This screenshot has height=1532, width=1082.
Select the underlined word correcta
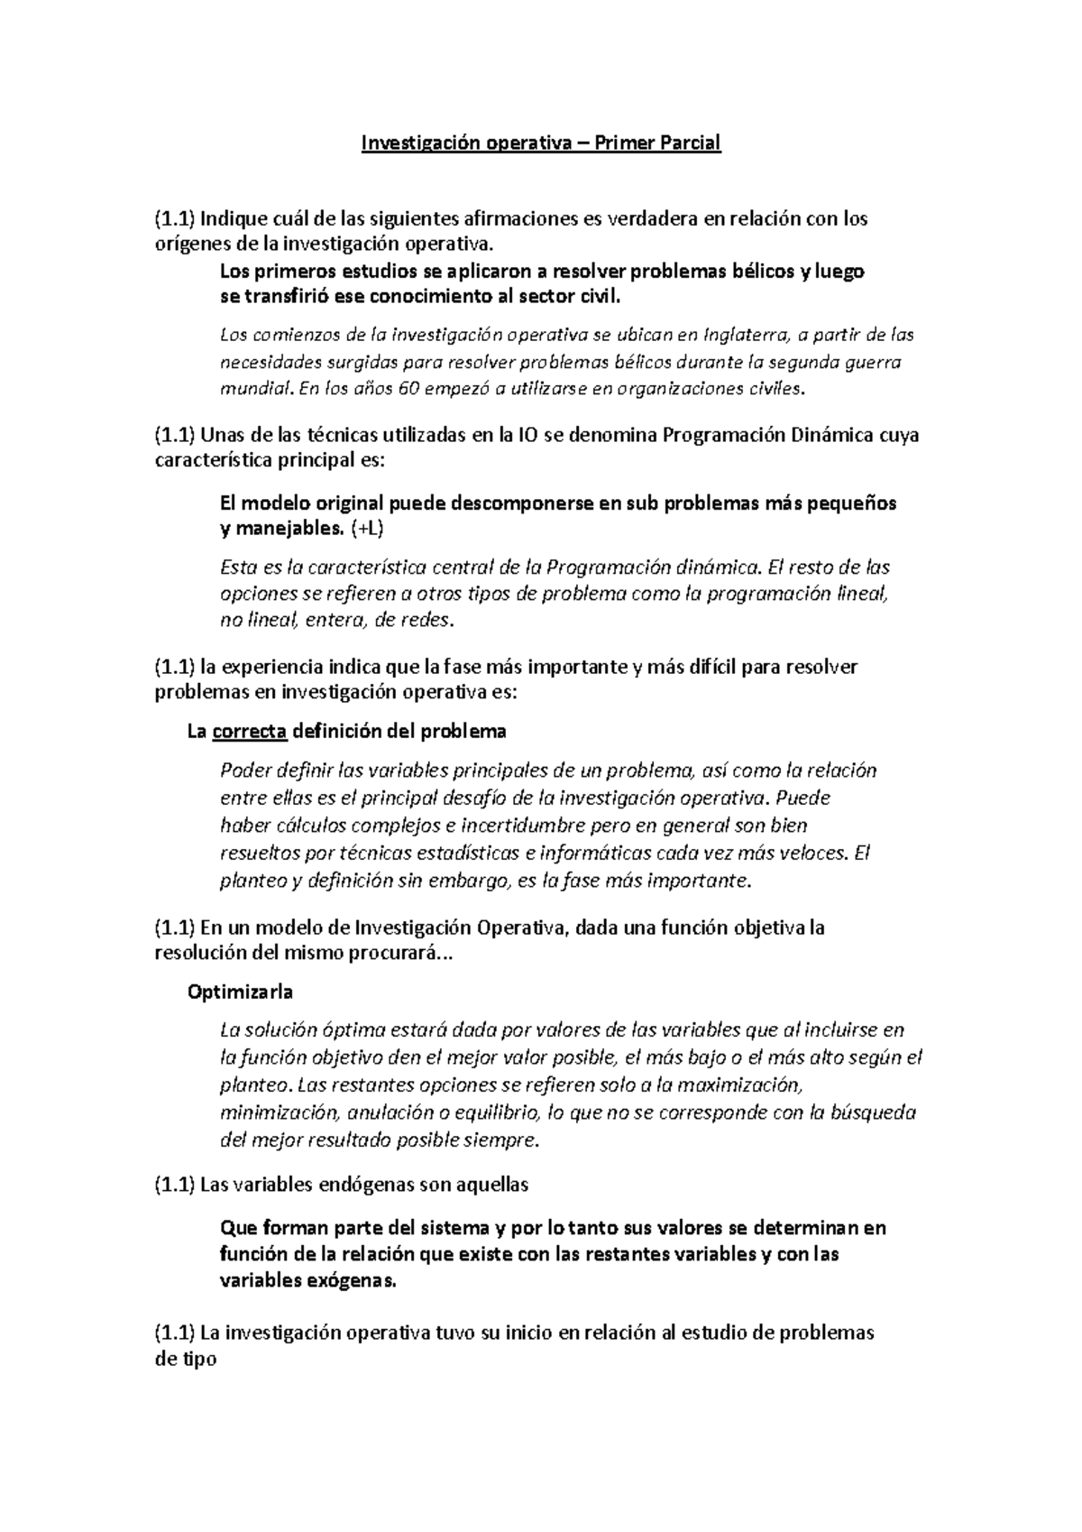[250, 731]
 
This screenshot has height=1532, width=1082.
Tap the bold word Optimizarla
[240, 992]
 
